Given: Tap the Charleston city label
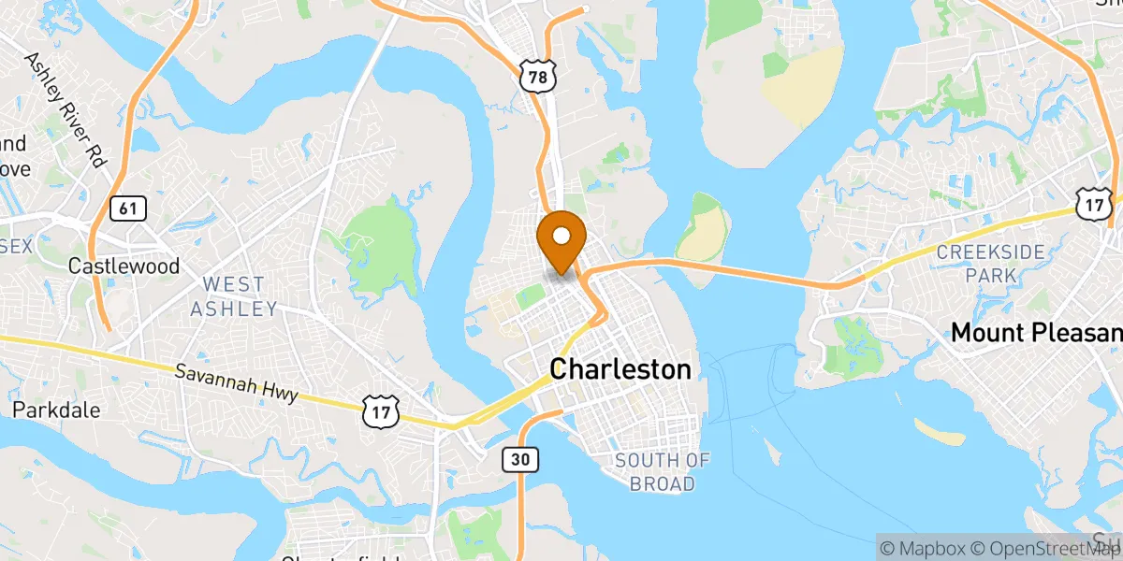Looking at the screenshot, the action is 620,369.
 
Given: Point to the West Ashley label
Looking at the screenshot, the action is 234,295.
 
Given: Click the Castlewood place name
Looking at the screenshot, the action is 124,266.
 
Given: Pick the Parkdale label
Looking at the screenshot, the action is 56,410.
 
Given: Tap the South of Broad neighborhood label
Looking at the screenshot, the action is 662,471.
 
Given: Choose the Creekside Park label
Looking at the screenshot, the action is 977,264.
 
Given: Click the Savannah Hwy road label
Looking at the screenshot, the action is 237,382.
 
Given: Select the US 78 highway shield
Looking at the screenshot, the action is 536,78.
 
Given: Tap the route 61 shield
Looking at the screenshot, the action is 127,208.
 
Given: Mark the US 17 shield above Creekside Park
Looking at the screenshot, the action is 1093,204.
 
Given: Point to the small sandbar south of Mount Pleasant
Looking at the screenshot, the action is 940,432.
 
